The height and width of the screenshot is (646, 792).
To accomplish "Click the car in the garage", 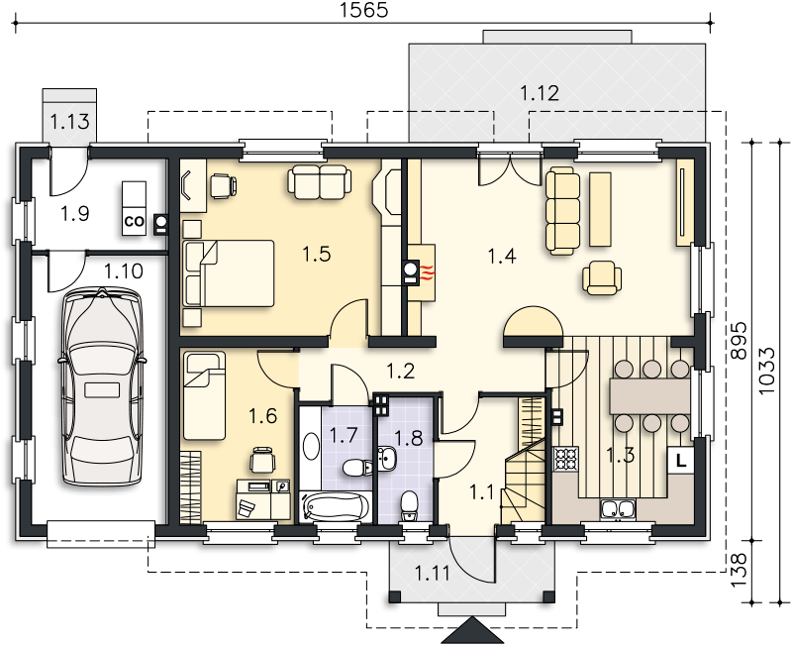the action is click(102, 386).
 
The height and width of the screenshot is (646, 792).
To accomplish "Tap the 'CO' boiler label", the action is click(134, 222).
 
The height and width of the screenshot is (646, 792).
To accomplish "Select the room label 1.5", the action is click(317, 254).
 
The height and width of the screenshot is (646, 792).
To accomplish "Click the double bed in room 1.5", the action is click(229, 273).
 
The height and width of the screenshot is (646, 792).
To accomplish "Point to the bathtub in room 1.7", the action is click(335, 506).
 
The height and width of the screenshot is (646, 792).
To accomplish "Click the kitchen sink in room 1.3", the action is click(617, 509).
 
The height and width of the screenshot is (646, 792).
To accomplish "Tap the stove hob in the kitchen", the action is click(565, 459).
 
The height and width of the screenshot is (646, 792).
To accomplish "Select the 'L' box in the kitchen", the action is click(681, 461).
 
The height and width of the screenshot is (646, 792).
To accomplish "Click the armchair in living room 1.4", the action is click(602, 277).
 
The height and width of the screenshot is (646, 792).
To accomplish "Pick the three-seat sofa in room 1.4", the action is click(562, 210).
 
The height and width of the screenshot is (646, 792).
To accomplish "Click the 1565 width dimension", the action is click(363, 10).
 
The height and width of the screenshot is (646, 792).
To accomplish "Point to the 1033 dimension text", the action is click(766, 371).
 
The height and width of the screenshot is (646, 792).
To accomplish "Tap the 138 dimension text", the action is click(739, 570).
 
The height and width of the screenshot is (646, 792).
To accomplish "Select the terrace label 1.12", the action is click(540, 93).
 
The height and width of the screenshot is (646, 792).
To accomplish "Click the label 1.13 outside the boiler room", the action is click(69, 121).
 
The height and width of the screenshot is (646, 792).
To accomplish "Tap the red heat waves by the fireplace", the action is click(428, 273).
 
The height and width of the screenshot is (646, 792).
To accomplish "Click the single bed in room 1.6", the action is click(204, 395).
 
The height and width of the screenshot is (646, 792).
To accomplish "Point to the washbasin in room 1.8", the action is click(387, 459).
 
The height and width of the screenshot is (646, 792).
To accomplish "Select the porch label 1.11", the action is click(432, 574).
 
